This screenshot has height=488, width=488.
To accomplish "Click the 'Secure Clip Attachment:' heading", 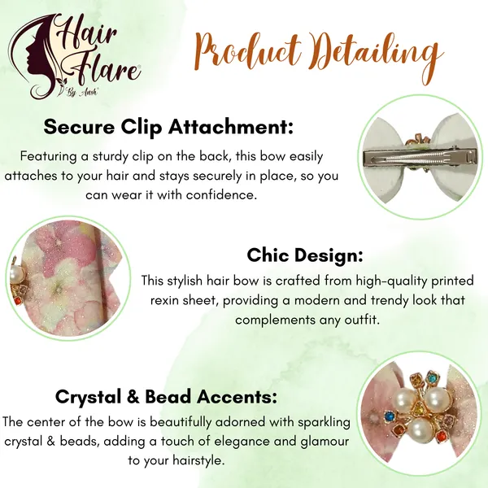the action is [x=168, y=128].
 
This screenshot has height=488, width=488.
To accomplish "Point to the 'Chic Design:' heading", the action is [x=305, y=256].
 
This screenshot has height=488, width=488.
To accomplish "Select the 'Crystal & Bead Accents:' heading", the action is [x=166, y=397].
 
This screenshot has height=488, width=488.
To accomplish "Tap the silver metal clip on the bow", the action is [x=420, y=156].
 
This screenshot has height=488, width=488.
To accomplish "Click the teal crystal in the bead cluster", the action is [x=432, y=378].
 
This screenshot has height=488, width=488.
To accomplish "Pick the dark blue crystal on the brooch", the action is [x=388, y=416].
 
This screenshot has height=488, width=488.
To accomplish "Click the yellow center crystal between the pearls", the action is [x=419, y=407].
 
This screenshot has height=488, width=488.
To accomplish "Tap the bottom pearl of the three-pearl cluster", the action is [x=420, y=429].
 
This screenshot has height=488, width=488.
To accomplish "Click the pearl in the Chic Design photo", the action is [x=17, y=275].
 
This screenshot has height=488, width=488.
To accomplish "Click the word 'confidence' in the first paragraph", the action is [x=221, y=195].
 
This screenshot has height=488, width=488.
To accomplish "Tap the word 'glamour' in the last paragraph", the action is [x=325, y=442].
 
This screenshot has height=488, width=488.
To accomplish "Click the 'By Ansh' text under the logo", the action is [x=81, y=93].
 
